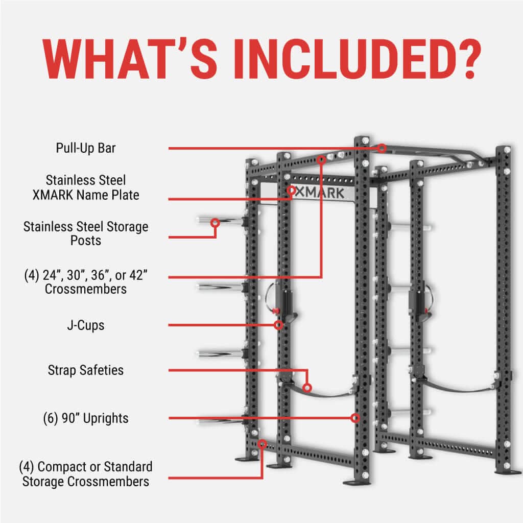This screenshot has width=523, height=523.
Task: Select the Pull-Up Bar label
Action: (x=86, y=149)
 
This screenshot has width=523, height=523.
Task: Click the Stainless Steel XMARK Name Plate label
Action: (x=86, y=187)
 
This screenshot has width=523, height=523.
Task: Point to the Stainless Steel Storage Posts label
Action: (x=86, y=233)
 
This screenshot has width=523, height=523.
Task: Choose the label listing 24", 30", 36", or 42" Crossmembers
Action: (x=86, y=282)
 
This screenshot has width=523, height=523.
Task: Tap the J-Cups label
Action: (x=86, y=325)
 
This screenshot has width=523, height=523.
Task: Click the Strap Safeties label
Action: (x=86, y=370)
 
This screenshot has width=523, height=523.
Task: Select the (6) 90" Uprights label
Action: (x=86, y=418)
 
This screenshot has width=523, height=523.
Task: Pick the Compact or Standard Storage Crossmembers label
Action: (x=86, y=473)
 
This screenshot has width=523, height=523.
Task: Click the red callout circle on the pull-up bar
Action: (x=382, y=148)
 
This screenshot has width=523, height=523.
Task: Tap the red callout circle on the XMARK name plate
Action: (x=291, y=191)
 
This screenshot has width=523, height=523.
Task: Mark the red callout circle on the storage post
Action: (x=215, y=223)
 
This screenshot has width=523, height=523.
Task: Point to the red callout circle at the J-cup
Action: (x=278, y=325)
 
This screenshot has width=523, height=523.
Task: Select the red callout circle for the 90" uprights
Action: (x=355, y=418)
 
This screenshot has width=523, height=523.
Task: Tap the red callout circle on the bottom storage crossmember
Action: (x=262, y=444)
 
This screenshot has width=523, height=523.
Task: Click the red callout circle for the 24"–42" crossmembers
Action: (x=321, y=160)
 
